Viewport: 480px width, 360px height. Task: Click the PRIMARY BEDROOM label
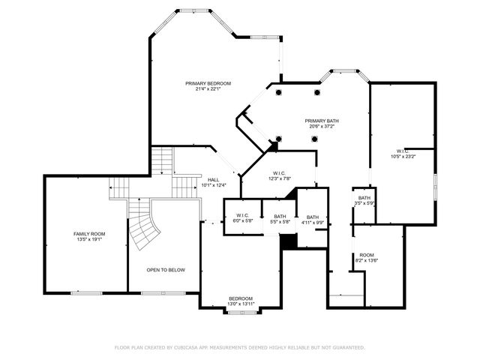pyautogui.click(x=208, y=83)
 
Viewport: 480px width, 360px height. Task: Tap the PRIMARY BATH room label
pyautogui.click(x=322, y=121)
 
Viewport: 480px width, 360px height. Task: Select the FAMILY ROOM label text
pyautogui.click(x=88, y=234)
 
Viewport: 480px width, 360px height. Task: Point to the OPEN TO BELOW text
pyautogui.click(x=166, y=270)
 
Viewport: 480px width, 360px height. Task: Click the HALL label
pyautogui.click(x=213, y=180)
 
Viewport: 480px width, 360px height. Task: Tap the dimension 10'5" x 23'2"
pyautogui.click(x=403, y=157)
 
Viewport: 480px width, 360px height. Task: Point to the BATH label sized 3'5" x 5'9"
pyautogui.click(x=364, y=198)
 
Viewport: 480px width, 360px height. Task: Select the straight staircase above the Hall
pyautogui.click(x=163, y=160)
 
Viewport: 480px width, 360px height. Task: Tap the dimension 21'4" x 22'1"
pyautogui.click(x=208, y=89)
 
